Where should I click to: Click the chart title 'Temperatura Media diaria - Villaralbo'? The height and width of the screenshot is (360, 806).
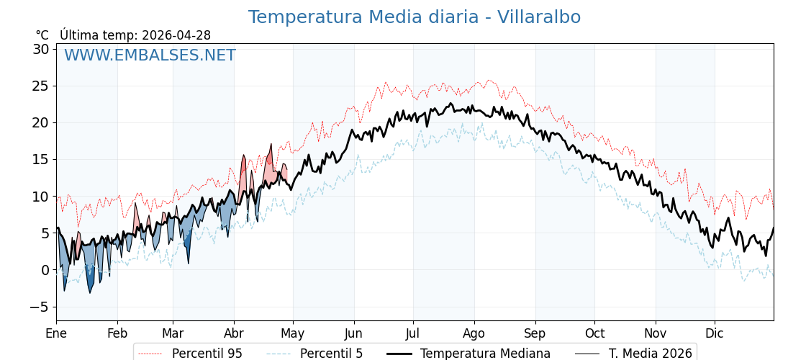[x=414, y=17]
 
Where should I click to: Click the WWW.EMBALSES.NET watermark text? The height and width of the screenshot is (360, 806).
[x=150, y=55]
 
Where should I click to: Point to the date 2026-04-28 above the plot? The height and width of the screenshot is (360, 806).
[x=176, y=35]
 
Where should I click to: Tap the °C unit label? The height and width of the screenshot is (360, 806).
[x=42, y=35]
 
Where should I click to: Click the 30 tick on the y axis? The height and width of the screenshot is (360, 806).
[x=41, y=49]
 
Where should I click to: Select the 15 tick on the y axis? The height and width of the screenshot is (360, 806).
[x=41, y=159]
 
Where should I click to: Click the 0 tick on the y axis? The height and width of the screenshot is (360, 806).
[x=45, y=270]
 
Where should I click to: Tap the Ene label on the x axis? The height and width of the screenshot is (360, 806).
[x=56, y=333]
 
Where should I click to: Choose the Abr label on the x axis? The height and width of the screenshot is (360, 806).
[x=234, y=333]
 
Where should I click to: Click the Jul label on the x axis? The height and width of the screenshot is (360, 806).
[x=413, y=333]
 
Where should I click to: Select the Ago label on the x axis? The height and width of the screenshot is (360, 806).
[x=474, y=333]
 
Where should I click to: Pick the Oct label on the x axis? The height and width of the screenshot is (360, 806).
[x=594, y=333]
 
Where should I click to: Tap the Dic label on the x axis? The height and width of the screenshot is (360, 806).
[x=715, y=333]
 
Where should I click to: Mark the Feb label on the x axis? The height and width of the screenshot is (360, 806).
[x=117, y=333]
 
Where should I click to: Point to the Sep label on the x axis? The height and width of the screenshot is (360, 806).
[x=535, y=333]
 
